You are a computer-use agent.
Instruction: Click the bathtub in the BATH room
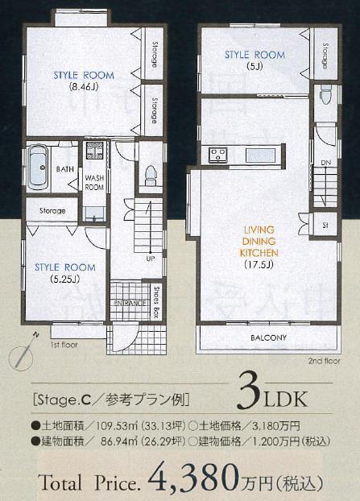tap(36, 168)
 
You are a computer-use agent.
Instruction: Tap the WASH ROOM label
tap(94, 181)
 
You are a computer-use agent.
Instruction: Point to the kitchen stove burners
tap(217, 155)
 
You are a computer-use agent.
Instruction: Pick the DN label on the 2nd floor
tap(326, 162)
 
